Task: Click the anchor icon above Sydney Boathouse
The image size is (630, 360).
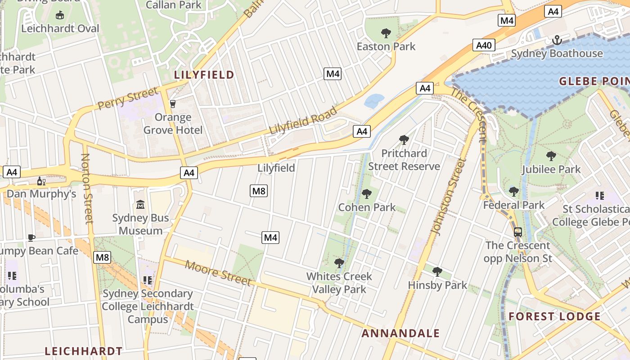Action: click(557, 40)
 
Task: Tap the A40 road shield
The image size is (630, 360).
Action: click(484, 45)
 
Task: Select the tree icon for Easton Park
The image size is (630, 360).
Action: click(386, 33)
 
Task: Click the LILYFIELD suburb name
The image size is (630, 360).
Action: click(204, 75)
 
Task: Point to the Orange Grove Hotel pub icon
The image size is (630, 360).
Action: click(172, 104)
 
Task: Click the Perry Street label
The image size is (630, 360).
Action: click(128, 99)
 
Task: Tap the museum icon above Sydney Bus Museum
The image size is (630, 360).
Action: click(140, 205)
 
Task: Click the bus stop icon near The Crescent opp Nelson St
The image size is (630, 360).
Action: click(518, 232)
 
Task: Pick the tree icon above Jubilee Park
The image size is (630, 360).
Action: click(551, 156)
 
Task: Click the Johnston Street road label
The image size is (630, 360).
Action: click(447, 197)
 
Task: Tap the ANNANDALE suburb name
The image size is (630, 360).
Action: click(400, 333)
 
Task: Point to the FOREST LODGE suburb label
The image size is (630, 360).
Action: click(554, 316)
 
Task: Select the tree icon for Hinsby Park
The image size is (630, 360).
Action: click(437, 272)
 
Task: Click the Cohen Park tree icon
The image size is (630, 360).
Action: click(367, 194)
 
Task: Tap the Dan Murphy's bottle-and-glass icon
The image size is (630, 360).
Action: click(41, 181)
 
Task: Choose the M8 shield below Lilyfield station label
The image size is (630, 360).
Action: click(259, 191)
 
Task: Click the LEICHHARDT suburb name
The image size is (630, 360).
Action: click(84, 351)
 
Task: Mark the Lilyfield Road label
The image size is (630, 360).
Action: click(303, 120)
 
